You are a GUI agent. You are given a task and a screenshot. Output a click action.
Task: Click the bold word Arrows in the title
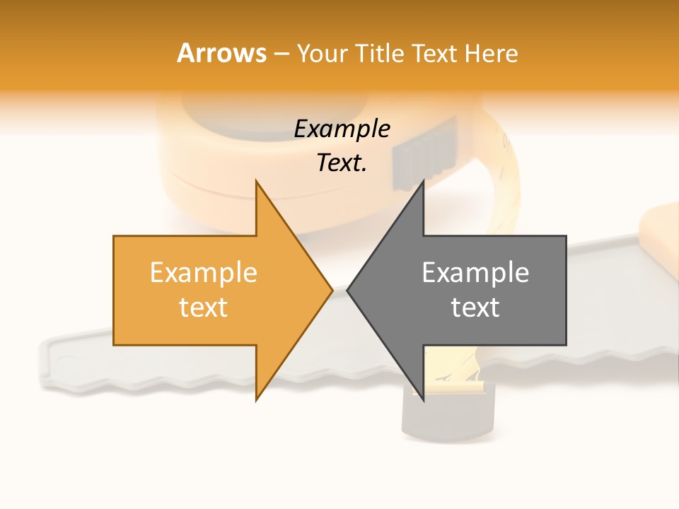click(222, 53)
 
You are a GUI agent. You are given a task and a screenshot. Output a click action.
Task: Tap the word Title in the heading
click(381, 53)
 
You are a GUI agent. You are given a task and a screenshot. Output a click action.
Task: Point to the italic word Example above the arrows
click(342, 129)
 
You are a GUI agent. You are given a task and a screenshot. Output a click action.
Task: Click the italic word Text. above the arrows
click(342, 163)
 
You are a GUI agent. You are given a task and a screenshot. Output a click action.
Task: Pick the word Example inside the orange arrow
click(204, 273)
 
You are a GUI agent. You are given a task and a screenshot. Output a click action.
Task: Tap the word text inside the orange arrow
click(204, 308)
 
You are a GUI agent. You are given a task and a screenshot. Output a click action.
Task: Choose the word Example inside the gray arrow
click(475, 273)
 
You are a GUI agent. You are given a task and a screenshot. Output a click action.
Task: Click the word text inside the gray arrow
click(475, 308)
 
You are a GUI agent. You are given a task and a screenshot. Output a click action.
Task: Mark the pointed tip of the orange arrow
click(332, 290)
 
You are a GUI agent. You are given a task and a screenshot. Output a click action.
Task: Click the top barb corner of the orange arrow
click(256, 181)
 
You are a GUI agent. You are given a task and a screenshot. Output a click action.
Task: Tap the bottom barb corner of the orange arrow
click(256, 400)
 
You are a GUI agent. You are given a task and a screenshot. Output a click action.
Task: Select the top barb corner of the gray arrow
click(423, 181)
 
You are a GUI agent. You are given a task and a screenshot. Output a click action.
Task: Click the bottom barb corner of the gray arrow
click(423, 400)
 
